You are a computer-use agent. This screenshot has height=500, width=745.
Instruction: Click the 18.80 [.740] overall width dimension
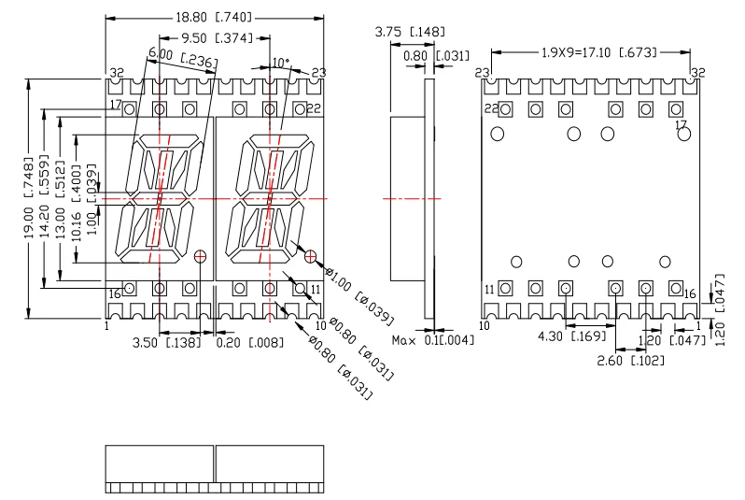point(214,17)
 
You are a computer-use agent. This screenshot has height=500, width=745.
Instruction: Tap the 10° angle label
point(281,63)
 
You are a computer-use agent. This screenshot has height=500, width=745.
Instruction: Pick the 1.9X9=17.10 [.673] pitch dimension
point(586,50)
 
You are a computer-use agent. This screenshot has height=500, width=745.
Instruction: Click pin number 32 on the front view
point(117,73)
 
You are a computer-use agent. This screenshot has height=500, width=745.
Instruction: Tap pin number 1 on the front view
point(107,326)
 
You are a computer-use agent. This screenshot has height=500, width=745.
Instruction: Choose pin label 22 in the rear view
point(490,109)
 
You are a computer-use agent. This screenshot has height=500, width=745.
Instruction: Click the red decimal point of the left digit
point(200,255)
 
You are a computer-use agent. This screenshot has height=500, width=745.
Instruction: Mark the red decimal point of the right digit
point(310,255)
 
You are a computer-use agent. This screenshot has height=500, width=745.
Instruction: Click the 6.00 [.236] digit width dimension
point(182,58)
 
